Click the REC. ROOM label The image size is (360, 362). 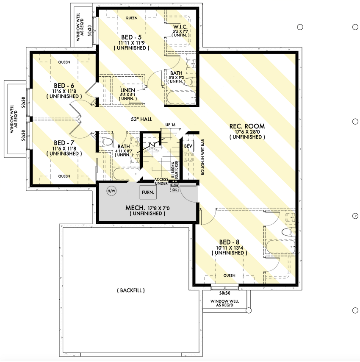pyautogui.click(x=247, y=126)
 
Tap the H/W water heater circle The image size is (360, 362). pyautogui.click(x=111, y=192)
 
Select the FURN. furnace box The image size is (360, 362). pyautogui.click(x=148, y=192)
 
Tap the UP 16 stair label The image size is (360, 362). pyautogui.click(x=170, y=124)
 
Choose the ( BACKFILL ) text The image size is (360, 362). pyautogui.click(x=130, y=290)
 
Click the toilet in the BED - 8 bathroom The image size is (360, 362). pyautogui.click(x=288, y=231)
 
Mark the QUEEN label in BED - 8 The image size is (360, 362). pyautogui.click(x=229, y=276)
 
